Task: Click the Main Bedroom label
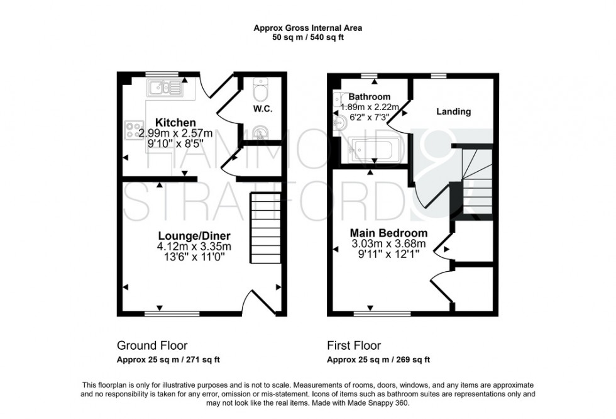click(x=388, y=233)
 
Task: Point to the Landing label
click(x=453, y=112)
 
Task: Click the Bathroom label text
click(x=370, y=97)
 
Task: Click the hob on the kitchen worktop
click(x=134, y=130)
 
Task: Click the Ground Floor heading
click(x=152, y=345)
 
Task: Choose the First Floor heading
click(x=353, y=345)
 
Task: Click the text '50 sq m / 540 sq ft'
click(x=307, y=37)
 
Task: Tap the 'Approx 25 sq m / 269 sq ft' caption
click(x=378, y=360)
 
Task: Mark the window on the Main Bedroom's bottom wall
click(x=390, y=312)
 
